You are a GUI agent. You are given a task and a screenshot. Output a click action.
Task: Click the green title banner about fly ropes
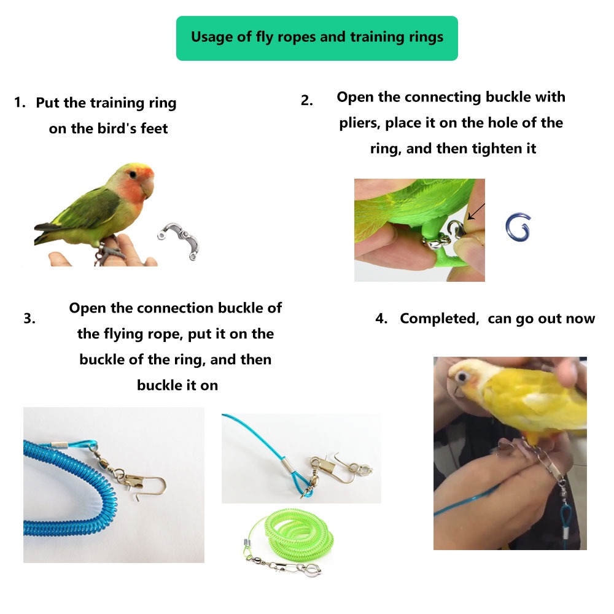pos(317,38)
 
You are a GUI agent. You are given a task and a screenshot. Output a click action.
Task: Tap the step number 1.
pos(20,103)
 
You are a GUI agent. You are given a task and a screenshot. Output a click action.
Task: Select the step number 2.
pos(306,101)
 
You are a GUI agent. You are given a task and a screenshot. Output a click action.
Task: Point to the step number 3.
pos(29,318)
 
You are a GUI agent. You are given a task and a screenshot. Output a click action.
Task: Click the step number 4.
pos(381,318)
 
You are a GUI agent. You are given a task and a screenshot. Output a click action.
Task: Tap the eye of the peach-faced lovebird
pos(133,174)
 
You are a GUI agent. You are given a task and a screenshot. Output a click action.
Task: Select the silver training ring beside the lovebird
pos(178,241)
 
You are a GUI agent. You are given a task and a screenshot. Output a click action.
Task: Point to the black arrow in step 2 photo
pos(476,212)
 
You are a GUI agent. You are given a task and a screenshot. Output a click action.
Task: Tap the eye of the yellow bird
pos(462,377)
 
